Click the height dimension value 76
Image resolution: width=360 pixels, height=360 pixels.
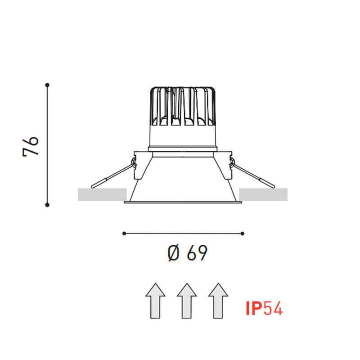point(31,144)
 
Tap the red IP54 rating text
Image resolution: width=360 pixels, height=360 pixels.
point(264,308)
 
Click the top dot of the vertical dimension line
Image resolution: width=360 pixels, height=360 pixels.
point(47,84)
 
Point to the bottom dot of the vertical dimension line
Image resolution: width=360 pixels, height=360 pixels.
point(47,205)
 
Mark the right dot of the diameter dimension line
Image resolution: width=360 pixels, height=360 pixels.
point(243,233)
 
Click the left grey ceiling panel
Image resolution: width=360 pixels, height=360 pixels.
point(102,194)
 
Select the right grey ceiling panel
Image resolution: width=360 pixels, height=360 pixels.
point(264,194)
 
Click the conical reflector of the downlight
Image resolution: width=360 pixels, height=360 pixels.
point(183,180)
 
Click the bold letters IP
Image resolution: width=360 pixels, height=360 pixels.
point(254,308)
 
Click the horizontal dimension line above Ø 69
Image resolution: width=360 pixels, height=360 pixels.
point(183,233)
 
